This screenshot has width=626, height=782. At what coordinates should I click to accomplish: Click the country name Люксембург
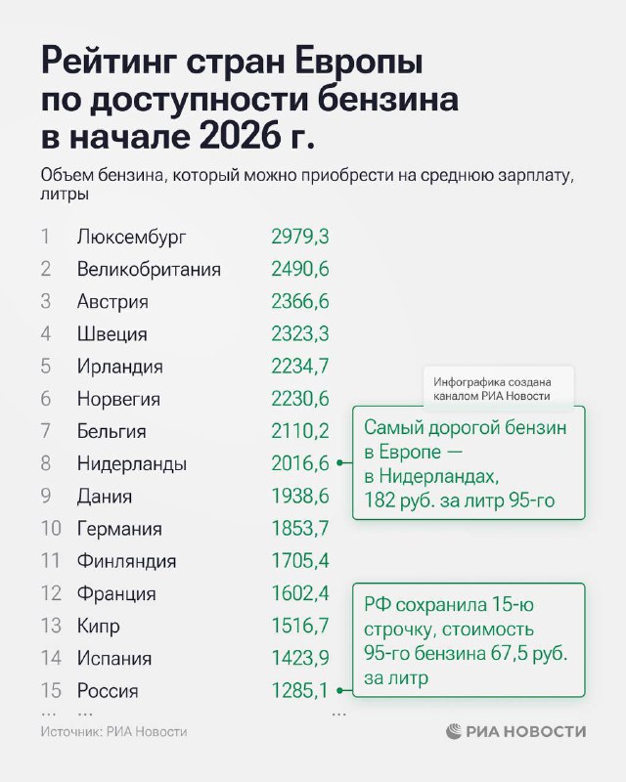(x=130, y=237)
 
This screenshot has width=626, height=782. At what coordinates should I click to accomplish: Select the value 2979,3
(x=300, y=237)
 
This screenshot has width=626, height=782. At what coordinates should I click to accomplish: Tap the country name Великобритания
(x=149, y=269)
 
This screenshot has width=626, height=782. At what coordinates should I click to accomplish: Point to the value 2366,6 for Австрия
(x=300, y=301)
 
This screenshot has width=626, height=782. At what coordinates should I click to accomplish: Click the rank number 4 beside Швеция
(x=45, y=334)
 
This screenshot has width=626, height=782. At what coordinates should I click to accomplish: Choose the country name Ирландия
(x=119, y=367)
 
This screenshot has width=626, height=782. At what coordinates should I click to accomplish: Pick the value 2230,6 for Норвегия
(x=300, y=399)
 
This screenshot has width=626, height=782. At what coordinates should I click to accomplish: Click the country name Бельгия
(x=112, y=431)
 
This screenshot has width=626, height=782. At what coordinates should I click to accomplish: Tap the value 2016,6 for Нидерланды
(x=300, y=463)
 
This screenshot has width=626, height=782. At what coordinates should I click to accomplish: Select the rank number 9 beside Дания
(x=45, y=497)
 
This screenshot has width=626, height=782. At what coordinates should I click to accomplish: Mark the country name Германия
(x=119, y=529)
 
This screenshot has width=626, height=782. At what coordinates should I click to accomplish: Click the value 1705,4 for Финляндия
(x=300, y=561)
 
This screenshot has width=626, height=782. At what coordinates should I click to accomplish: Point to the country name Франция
(x=116, y=593)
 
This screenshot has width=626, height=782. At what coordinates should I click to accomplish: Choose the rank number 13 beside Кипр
(x=51, y=626)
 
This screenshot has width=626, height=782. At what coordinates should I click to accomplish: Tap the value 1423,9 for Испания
(x=300, y=658)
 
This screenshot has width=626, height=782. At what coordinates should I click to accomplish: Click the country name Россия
(x=108, y=691)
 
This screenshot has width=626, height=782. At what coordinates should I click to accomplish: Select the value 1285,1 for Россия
(x=300, y=691)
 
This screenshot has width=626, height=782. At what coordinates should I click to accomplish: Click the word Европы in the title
(x=347, y=64)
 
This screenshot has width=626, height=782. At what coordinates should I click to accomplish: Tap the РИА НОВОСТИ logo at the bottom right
(x=516, y=731)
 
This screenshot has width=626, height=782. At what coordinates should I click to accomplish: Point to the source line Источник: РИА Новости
(x=113, y=731)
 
